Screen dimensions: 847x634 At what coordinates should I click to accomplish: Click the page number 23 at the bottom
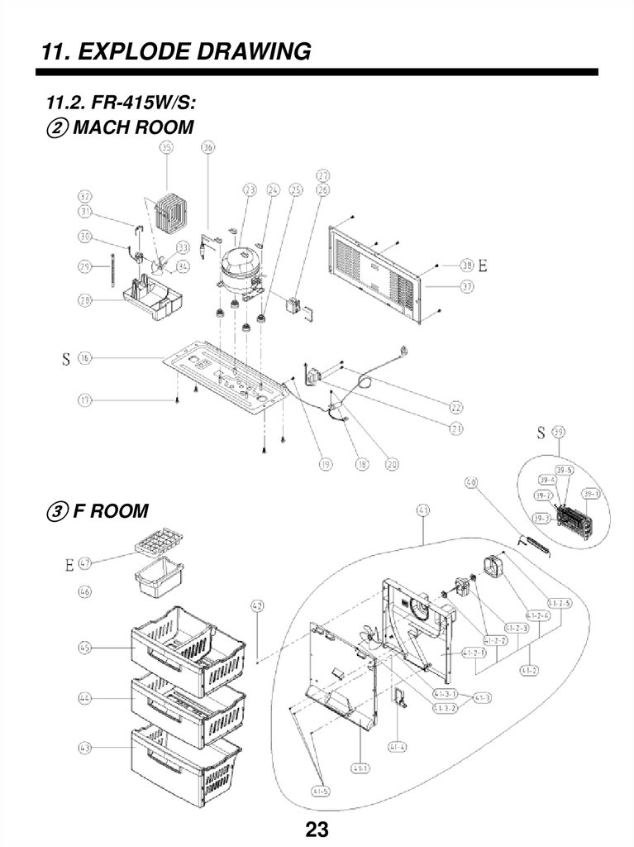[x=317, y=829]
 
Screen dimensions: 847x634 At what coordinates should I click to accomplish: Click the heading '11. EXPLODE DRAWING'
[x=176, y=52]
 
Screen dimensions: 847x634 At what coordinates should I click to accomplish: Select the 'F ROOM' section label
[x=110, y=510]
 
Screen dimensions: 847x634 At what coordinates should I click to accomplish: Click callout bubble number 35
[x=167, y=149]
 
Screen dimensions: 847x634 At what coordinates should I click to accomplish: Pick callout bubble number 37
[x=467, y=287]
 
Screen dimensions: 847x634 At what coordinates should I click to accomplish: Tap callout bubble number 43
[x=85, y=747]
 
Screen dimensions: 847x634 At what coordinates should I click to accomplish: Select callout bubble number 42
[x=258, y=606]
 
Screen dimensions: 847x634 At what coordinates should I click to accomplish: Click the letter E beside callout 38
[x=483, y=266]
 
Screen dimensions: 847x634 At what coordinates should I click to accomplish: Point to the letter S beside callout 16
[x=64, y=359]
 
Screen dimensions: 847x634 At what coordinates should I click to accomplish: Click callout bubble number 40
[x=471, y=482]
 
